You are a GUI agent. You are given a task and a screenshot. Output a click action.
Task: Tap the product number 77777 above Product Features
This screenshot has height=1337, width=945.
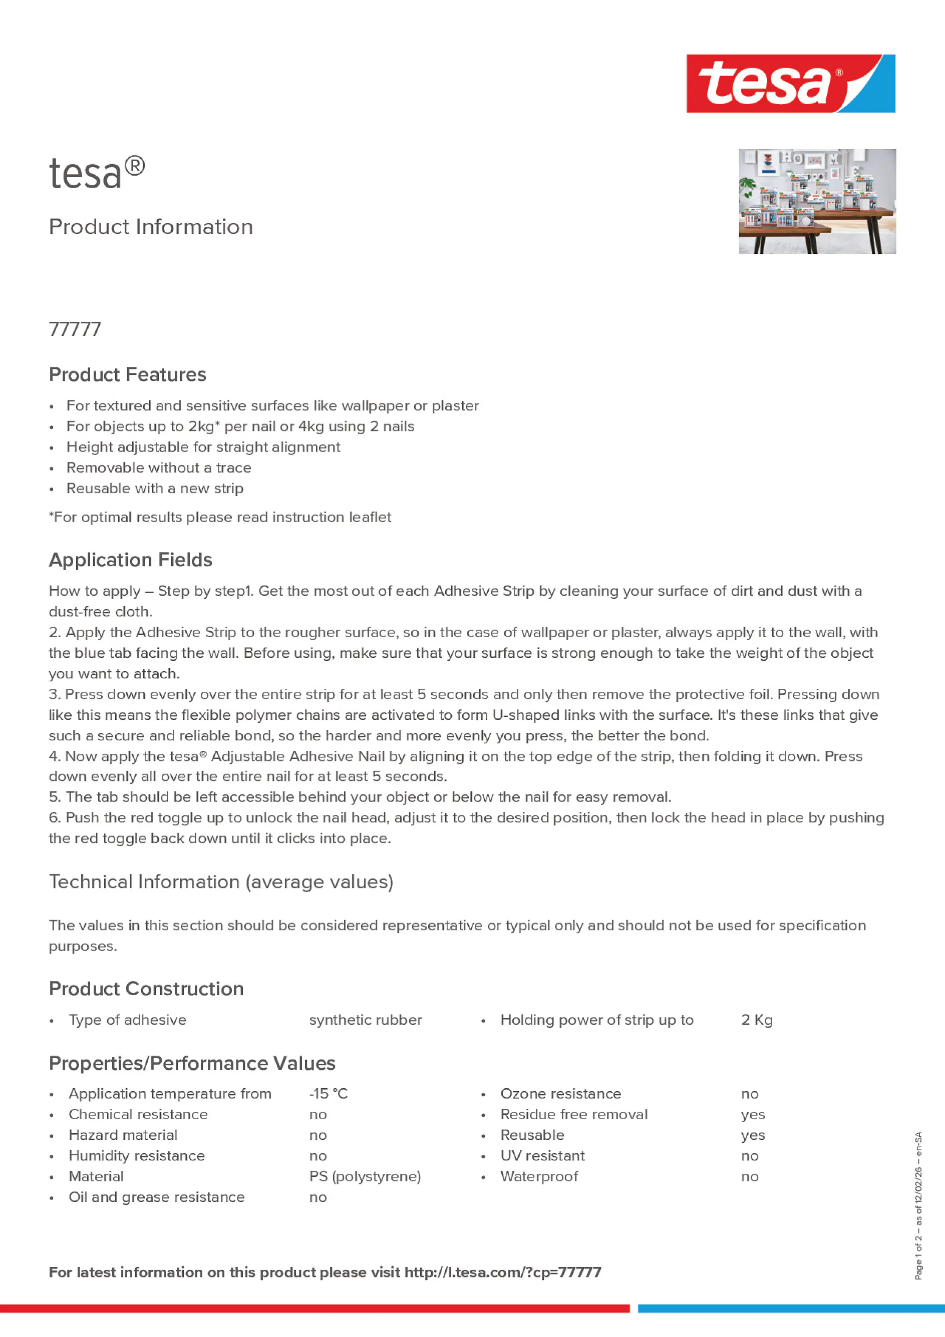[75, 329]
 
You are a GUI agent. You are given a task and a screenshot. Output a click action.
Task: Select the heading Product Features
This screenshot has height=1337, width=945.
[128, 374]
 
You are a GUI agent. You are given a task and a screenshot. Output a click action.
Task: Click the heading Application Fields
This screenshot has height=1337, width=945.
[131, 560]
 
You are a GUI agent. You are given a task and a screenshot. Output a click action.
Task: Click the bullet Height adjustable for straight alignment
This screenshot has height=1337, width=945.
[203, 447]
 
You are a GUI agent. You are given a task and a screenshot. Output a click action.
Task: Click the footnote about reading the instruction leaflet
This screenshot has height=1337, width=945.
[220, 517]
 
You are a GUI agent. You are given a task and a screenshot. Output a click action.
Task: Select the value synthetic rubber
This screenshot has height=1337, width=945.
[365, 1020]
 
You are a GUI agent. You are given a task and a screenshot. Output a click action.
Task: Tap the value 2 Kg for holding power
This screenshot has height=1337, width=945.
[756, 1020]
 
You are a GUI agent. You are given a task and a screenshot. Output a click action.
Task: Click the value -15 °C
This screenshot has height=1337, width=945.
[328, 1094]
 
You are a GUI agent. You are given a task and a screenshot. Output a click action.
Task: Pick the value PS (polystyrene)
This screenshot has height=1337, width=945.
[365, 1176]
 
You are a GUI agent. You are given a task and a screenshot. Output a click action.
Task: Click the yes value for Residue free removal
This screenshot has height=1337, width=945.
[753, 1115]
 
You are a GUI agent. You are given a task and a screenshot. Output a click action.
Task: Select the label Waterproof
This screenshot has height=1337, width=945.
[539, 1176]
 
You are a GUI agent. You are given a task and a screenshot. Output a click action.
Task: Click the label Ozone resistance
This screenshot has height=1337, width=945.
[560, 1094]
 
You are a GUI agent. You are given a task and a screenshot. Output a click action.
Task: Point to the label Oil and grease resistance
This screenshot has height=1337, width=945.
[156, 1197]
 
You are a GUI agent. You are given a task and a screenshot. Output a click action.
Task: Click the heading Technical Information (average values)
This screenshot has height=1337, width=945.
[221, 881]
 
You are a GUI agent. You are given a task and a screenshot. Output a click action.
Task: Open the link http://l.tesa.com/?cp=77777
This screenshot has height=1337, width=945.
[502, 1272]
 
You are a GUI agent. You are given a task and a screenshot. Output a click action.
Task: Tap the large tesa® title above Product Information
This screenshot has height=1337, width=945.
[97, 173]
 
